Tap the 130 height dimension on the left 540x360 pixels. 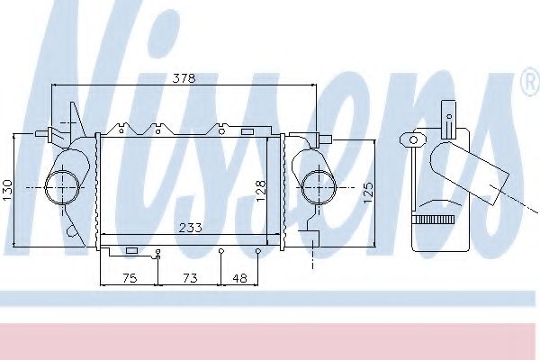click(x=8, y=189)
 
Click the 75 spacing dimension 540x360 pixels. click(x=128, y=279)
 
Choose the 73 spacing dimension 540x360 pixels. click(x=190, y=279)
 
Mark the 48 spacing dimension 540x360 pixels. click(x=239, y=279)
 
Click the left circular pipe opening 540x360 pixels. click(x=63, y=187)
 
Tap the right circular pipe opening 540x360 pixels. click(x=317, y=187)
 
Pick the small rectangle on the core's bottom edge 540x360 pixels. click(x=131, y=249)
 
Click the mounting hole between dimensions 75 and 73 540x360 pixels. click(x=157, y=251)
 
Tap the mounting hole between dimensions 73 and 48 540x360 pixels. click(x=221, y=251)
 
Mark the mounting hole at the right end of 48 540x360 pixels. click(x=258, y=251)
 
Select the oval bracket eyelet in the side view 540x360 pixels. click(x=414, y=139)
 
